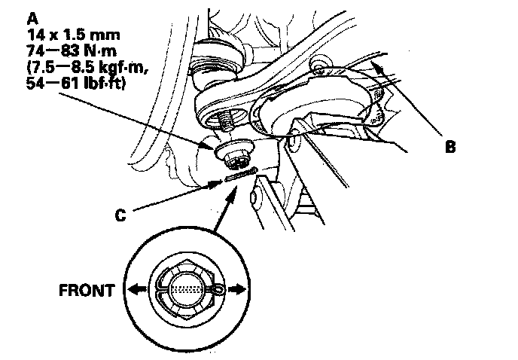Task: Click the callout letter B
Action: point(450,148)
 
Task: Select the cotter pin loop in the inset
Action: point(218,288)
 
